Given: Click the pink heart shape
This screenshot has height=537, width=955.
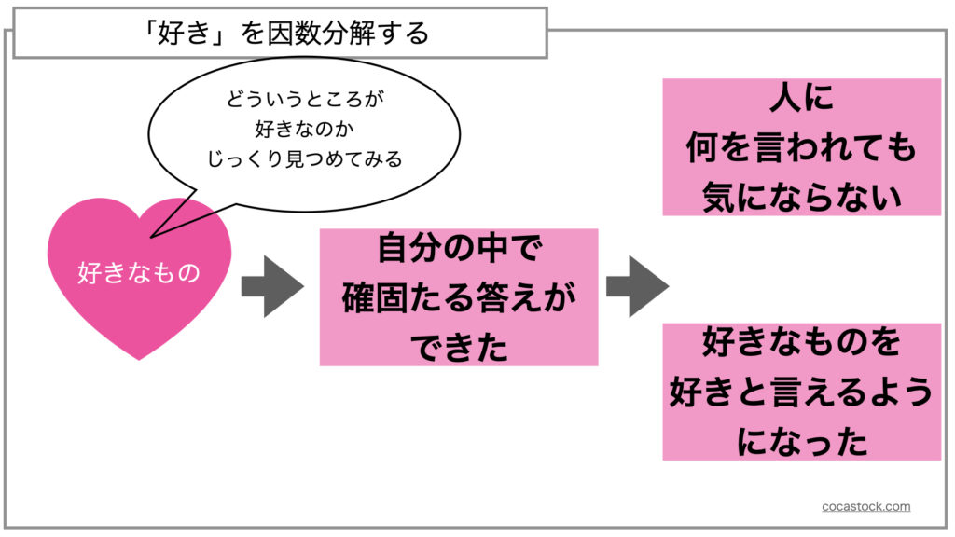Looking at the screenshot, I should click(x=139, y=308).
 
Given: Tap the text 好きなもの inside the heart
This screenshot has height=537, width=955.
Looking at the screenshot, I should click(x=139, y=274).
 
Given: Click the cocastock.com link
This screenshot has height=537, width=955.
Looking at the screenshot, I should click(x=866, y=506).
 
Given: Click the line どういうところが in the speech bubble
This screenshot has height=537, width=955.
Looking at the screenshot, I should click(x=304, y=97).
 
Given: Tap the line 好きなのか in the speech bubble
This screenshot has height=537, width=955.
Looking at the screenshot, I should click(x=304, y=128).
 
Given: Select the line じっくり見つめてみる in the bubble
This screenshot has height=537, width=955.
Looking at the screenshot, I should click(x=304, y=158).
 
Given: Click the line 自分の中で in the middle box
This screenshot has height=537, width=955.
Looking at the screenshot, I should click(x=458, y=249).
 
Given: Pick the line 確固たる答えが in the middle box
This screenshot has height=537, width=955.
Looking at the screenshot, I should click(x=458, y=299).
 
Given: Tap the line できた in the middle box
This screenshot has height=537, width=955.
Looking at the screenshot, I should click(x=458, y=349).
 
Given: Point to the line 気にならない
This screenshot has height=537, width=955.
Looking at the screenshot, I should click(x=801, y=197).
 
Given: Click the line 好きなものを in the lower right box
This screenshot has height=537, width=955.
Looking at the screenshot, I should click(x=801, y=342).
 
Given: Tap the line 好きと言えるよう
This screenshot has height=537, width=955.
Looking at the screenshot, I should click(x=801, y=392).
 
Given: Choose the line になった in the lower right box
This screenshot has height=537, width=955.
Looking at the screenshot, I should click(x=801, y=441).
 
